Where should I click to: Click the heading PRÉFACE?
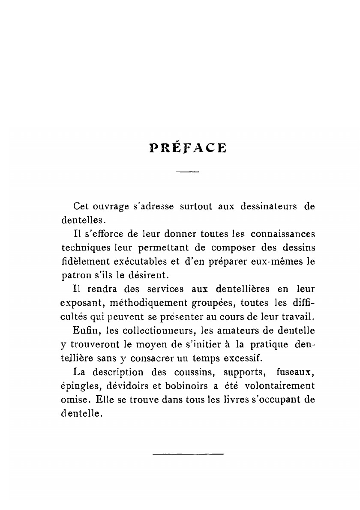[188, 147]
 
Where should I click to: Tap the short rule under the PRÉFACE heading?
[188, 172]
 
